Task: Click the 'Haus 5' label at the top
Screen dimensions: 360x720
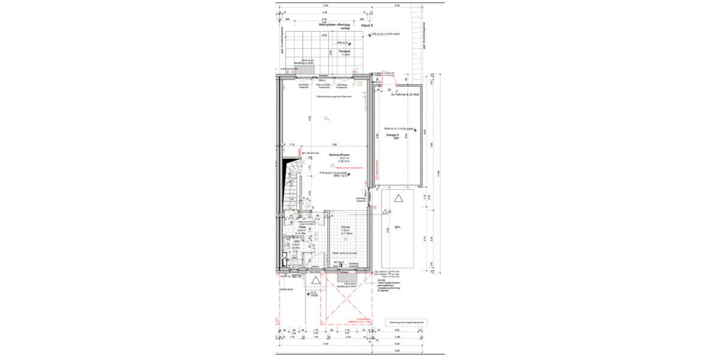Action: point(367,26)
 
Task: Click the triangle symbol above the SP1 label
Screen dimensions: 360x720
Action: point(398,197)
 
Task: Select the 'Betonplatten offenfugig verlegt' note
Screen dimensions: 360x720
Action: point(331,25)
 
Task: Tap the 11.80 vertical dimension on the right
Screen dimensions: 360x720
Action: point(438,174)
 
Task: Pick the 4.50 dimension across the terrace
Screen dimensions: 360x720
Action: point(325,36)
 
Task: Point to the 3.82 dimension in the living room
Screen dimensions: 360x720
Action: point(335,145)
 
